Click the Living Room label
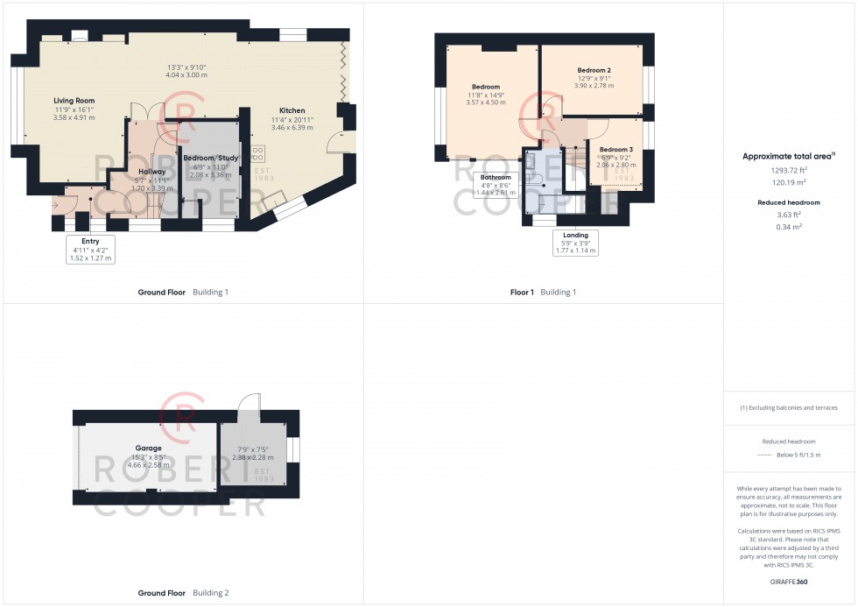[73, 101]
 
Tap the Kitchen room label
[292, 110]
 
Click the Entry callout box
[90, 249]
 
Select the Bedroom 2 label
[594, 70]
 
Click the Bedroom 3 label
[615, 150]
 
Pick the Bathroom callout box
[495, 184]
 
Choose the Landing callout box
[575, 242]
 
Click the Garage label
[147, 448]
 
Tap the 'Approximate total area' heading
[788, 156]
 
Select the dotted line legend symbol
[765, 455]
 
